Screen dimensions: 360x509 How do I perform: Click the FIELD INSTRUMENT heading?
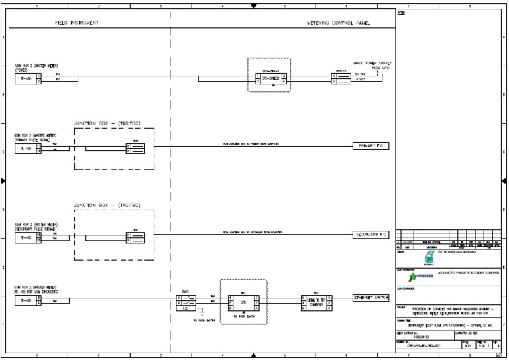click(77, 23)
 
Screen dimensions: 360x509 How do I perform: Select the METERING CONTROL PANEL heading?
click(338, 23)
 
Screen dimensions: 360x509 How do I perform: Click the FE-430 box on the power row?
click(25, 78)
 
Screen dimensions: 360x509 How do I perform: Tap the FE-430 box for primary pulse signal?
click(25, 149)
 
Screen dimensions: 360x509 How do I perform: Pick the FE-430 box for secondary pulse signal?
click(25, 237)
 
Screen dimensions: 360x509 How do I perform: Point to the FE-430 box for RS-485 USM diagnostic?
click(25, 300)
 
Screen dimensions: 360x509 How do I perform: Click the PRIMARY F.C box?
click(370, 145)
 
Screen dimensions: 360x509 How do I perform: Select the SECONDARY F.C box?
click(371, 234)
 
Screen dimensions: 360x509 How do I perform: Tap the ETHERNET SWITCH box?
click(370, 298)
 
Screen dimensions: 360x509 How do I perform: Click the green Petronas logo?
click(410, 256)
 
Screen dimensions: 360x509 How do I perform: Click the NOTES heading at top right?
click(401, 13)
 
